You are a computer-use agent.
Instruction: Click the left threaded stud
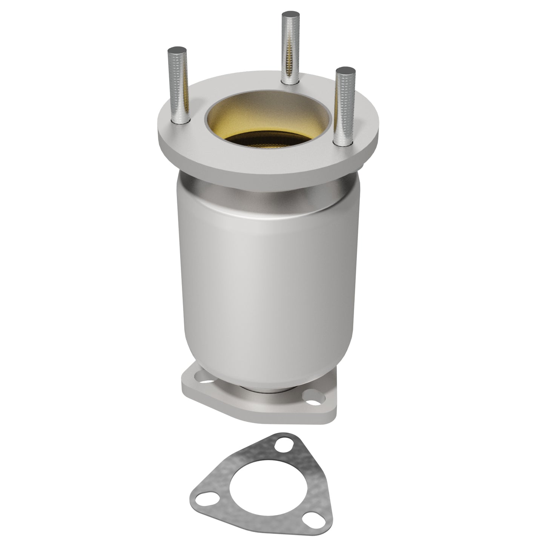pyautogui.click(x=178, y=87)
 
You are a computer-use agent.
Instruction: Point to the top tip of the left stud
pyautogui.click(x=175, y=50)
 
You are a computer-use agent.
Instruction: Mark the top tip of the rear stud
pyautogui.click(x=291, y=15)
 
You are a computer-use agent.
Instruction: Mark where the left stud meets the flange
pyautogui.click(x=180, y=121)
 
